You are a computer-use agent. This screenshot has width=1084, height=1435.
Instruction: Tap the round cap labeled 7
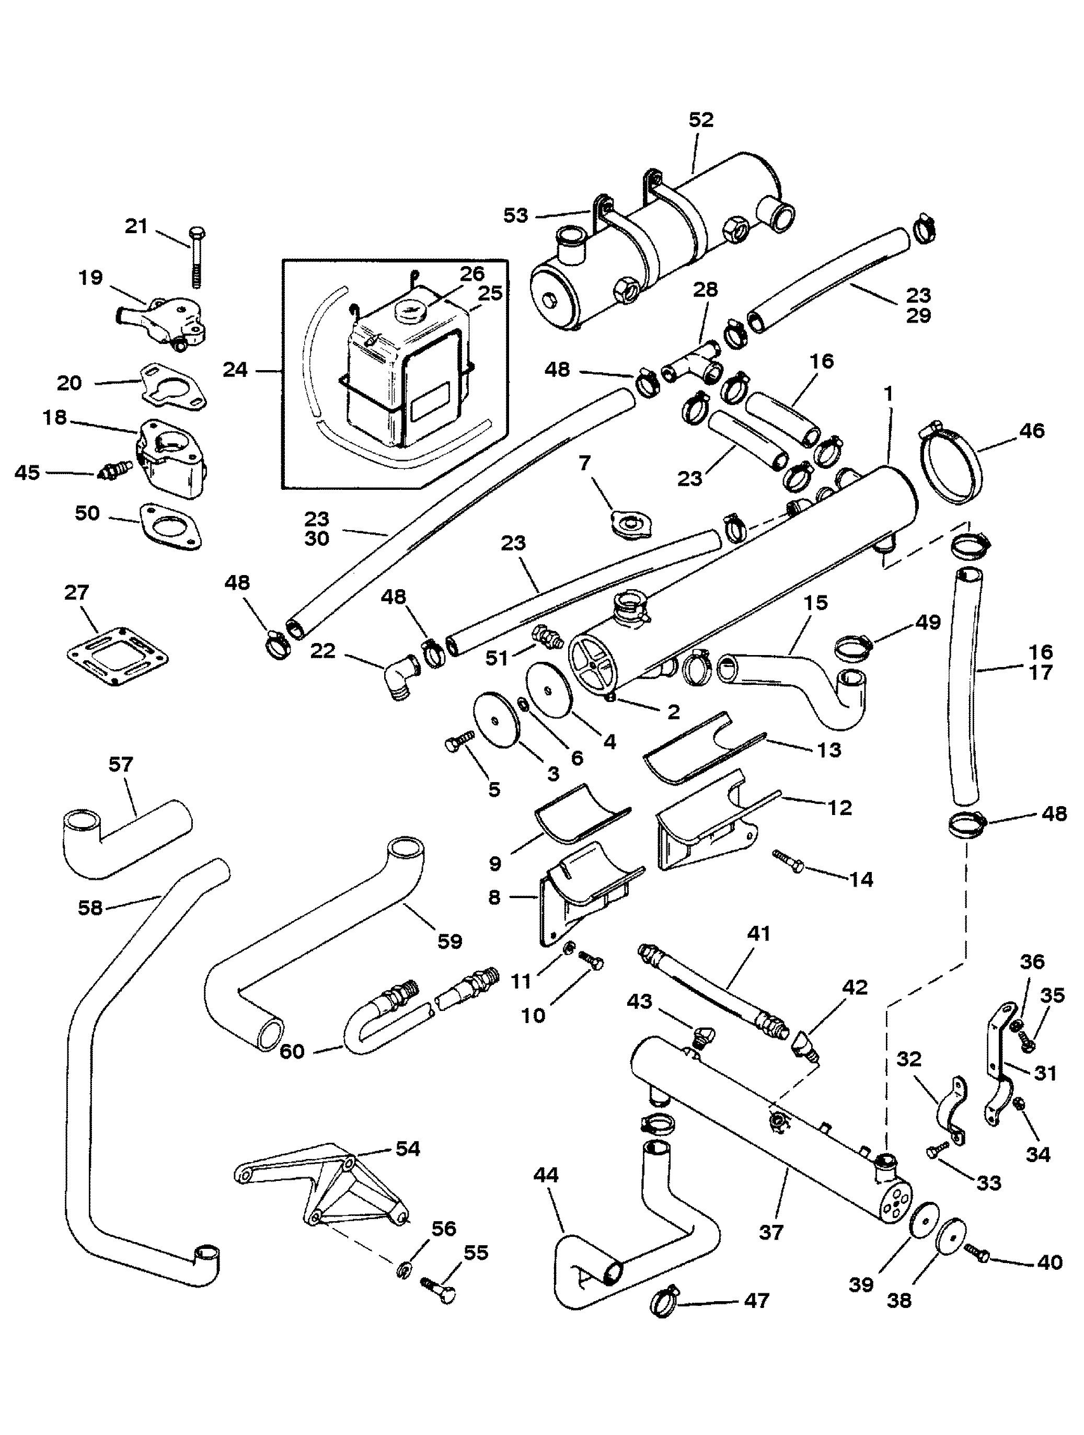tap(627, 522)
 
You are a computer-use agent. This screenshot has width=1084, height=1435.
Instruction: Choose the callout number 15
tap(815, 603)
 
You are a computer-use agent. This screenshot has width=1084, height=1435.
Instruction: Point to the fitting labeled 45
tap(115, 470)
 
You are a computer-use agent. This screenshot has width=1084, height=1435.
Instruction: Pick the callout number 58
tap(90, 907)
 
